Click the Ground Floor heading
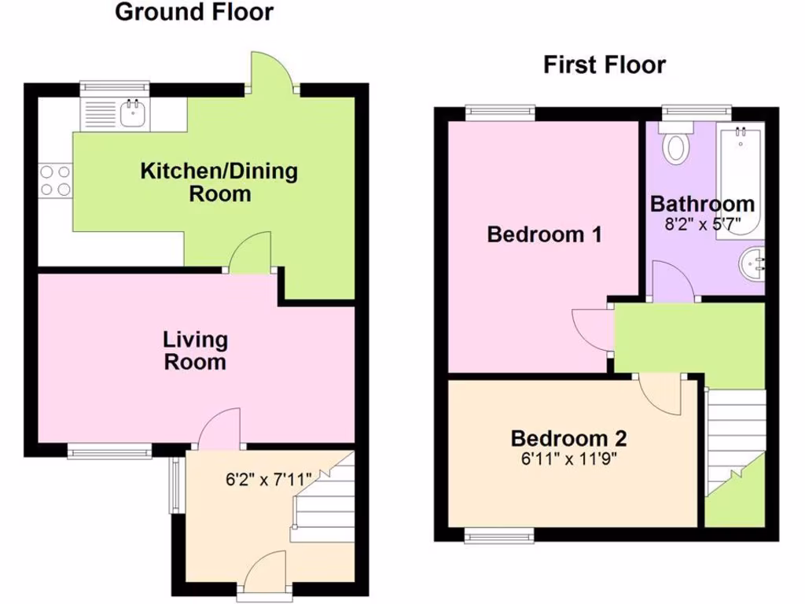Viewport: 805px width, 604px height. point(194,13)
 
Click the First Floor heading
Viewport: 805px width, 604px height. point(604,64)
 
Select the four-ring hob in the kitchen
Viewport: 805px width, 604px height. point(55,179)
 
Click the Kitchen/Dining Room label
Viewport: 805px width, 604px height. point(219,182)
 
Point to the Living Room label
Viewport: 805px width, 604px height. point(195,351)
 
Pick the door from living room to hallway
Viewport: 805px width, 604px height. point(219,430)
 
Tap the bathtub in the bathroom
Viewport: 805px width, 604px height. point(741,179)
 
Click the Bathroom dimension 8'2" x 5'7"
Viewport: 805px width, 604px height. point(702,223)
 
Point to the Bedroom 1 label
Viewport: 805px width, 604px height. point(544,234)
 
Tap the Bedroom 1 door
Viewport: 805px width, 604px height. point(591,329)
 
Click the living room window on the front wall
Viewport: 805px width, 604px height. point(108,451)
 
